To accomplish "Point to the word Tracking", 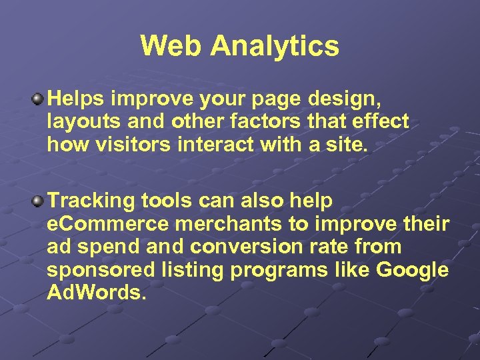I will click(x=91, y=201).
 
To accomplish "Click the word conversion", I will click(x=246, y=247).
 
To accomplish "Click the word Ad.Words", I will click(x=96, y=293).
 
